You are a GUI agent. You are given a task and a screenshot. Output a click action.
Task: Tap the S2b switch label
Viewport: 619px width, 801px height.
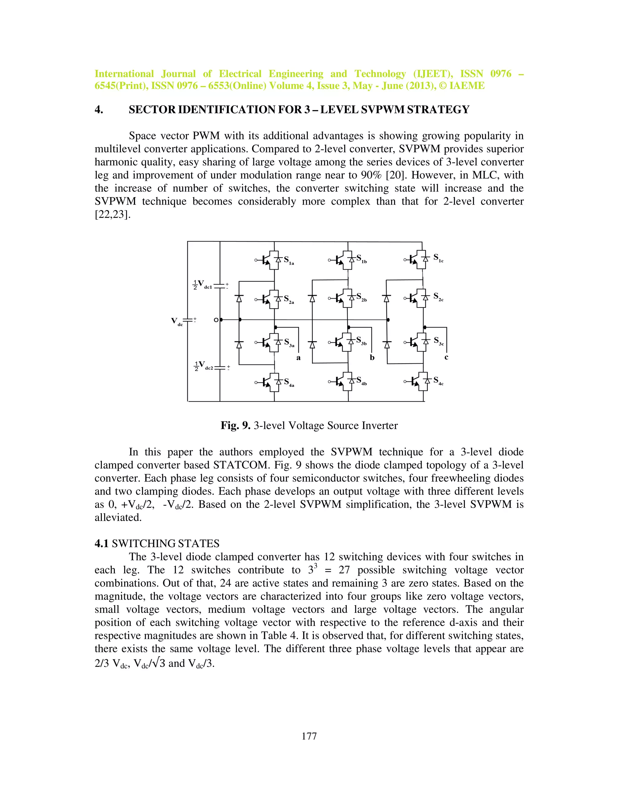[361, 297]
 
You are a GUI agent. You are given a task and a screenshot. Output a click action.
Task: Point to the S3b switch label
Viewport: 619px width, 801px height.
[361, 341]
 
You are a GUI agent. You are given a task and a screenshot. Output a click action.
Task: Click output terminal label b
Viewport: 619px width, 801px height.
[372, 358]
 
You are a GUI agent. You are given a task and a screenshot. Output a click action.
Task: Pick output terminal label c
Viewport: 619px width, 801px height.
[446, 357]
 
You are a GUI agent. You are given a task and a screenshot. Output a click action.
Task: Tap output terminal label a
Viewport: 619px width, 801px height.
[299, 358]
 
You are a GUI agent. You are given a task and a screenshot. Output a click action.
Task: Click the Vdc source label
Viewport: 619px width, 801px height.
[177, 321]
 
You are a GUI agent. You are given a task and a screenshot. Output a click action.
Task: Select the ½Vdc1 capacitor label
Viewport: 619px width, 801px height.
[203, 285]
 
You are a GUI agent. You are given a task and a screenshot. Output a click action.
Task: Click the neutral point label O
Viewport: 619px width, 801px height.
[216, 320]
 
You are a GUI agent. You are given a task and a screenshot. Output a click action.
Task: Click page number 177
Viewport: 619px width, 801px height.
[309, 736]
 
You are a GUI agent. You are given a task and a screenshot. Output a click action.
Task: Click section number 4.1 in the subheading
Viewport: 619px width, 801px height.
[102, 543]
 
